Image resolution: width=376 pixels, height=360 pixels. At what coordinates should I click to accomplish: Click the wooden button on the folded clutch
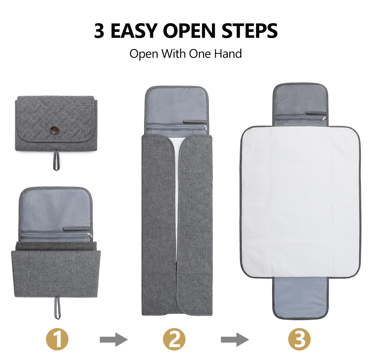(54, 130)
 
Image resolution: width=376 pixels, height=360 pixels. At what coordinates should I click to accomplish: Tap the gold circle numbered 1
(57, 339)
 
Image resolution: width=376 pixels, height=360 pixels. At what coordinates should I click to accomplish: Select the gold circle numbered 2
(174, 339)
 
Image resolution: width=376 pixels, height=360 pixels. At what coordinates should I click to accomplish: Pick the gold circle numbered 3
(299, 339)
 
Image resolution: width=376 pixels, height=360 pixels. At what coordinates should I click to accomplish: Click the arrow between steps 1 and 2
(113, 339)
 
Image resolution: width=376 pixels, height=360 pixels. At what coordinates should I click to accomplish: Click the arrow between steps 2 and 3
(235, 339)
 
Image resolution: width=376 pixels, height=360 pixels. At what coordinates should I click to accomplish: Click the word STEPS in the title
(250, 31)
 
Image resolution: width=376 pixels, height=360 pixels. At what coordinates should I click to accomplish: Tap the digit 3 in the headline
(99, 31)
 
